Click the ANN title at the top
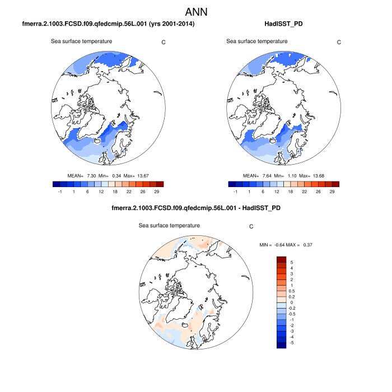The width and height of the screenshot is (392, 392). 196,12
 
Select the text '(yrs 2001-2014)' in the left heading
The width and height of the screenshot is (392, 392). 170,24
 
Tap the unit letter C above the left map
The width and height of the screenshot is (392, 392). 163,42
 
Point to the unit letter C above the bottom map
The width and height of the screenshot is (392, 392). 251,227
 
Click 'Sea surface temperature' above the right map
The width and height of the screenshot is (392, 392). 257,41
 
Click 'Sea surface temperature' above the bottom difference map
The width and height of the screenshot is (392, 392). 169,225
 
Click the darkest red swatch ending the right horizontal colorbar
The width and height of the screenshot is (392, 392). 335,184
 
